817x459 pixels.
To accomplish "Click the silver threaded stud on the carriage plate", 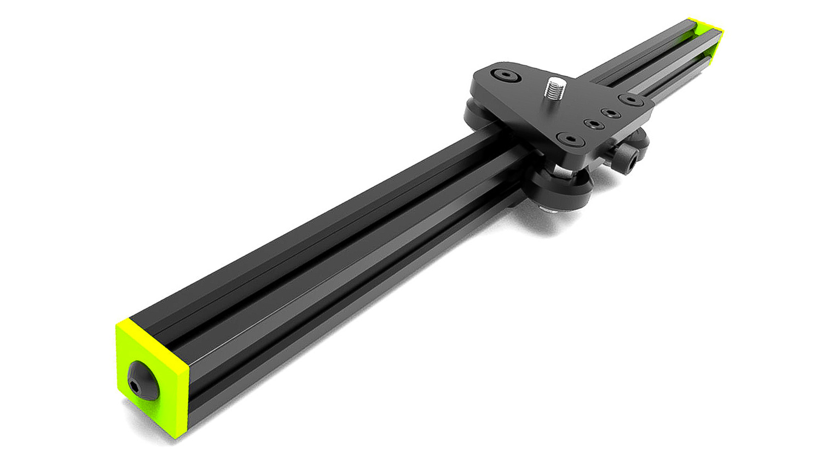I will click(x=554, y=90).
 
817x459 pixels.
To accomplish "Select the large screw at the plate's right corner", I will click(x=630, y=100).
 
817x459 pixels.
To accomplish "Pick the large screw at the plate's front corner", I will click(x=570, y=140).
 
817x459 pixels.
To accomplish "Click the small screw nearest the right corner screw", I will click(x=611, y=114).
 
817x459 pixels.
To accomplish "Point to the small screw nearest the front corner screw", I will click(x=594, y=125).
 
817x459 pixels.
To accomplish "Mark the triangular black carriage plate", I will click(x=542, y=109).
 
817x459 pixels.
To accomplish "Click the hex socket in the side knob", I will click(x=633, y=162).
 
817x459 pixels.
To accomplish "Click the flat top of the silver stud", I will click(x=555, y=83).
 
